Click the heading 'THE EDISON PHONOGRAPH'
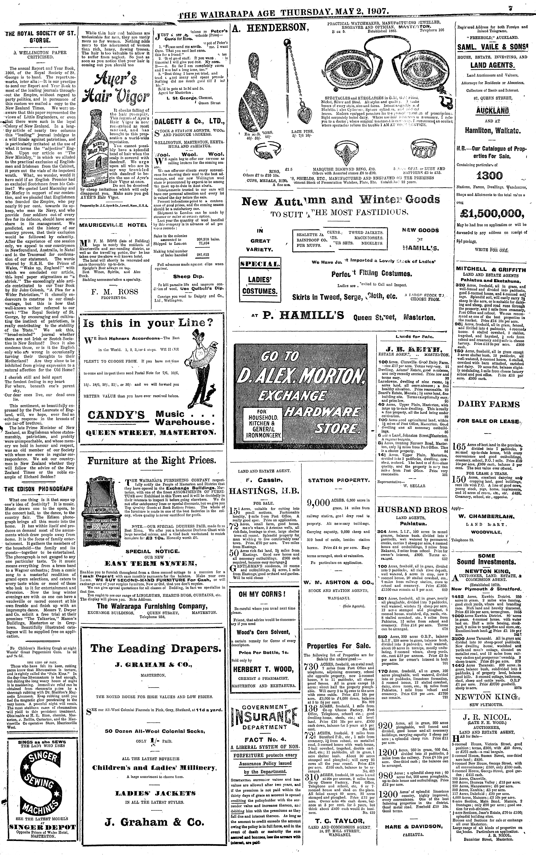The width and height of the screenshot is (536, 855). tap(39, 489)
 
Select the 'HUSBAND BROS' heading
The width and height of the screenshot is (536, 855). tap(412, 510)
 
